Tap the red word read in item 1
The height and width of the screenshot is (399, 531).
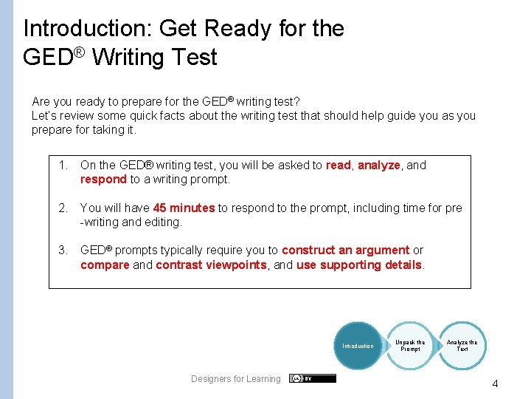point(339,166)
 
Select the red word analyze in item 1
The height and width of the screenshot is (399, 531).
point(378,166)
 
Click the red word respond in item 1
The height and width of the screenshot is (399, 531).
point(103,180)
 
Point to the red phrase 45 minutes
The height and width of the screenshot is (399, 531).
point(184,208)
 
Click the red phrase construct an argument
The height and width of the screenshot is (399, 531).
point(345,250)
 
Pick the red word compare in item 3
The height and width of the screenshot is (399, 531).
point(105,265)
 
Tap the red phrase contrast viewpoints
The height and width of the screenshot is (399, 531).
point(211,265)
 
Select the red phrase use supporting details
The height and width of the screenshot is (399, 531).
point(359,265)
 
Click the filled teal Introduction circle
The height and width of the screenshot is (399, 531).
point(358,346)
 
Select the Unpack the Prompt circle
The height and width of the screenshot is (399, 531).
point(410,346)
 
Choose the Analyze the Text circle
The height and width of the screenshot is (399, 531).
point(462,346)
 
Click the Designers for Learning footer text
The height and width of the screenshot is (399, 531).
point(236,379)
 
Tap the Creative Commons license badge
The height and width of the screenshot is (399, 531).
point(312,378)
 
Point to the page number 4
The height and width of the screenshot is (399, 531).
point(495,384)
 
